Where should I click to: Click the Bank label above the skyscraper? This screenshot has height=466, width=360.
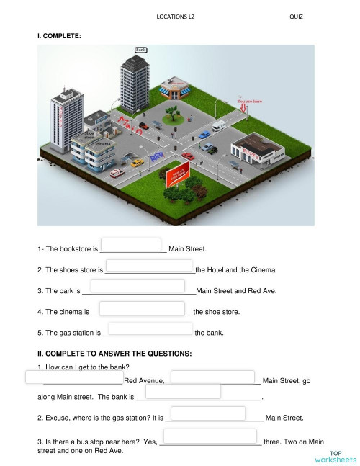click(x=141, y=50)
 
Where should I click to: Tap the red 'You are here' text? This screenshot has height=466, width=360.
click(x=249, y=102)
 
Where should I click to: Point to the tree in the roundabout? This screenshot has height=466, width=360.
click(x=172, y=113)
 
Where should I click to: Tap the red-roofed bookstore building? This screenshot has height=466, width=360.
click(x=173, y=89)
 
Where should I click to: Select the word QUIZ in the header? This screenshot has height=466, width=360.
click(x=296, y=16)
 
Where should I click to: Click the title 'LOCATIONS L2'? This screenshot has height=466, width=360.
click(x=175, y=16)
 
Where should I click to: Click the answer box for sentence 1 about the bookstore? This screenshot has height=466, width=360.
click(x=131, y=245)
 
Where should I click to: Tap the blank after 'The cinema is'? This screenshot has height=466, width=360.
click(x=142, y=308)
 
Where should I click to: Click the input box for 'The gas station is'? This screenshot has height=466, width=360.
click(x=150, y=328)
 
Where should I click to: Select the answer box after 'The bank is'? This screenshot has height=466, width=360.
click(x=183, y=391)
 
